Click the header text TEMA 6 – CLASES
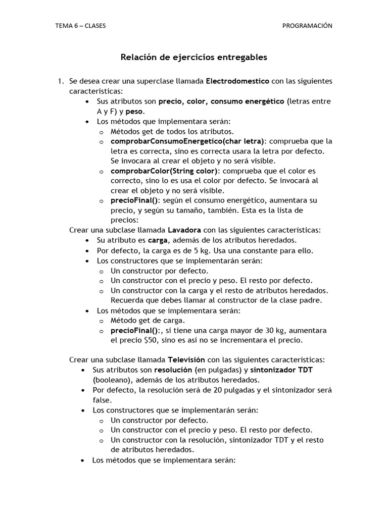pyautogui.click(x=80, y=26)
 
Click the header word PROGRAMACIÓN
pyautogui.click(x=307, y=26)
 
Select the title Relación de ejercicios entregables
pyautogui.click(x=193, y=58)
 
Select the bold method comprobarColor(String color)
pyautogui.click(x=164, y=171)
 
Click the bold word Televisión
pyautogui.click(x=186, y=360)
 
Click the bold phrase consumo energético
pyautogui.click(x=248, y=101)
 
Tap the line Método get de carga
pyautogui.click(x=148, y=320)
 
